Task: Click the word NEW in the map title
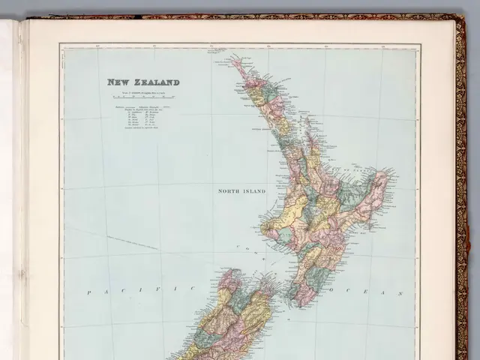click(x=118, y=82)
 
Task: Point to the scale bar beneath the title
click(x=142, y=97)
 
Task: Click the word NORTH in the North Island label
click(x=229, y=191)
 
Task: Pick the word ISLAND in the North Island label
click(x=254, y=191)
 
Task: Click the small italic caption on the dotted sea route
click(x=132, y=241)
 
